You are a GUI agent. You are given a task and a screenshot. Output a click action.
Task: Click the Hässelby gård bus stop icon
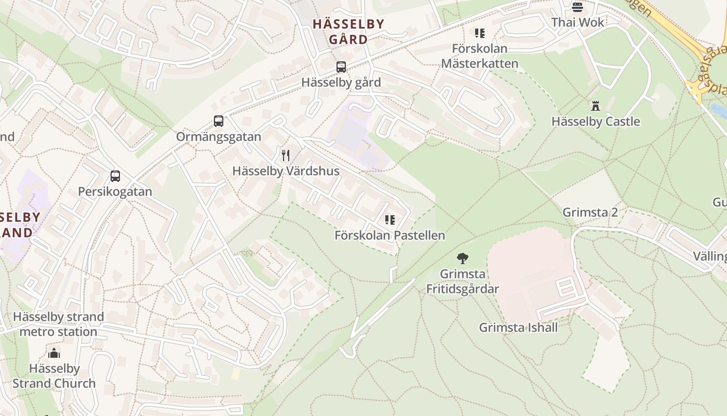point(341,67)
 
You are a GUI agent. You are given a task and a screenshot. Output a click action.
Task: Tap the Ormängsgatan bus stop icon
point(219,121)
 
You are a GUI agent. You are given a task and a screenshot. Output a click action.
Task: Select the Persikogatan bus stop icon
point(115,176)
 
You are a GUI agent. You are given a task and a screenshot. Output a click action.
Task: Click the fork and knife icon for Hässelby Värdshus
point(285,155)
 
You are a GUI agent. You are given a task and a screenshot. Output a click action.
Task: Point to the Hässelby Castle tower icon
point(596,106)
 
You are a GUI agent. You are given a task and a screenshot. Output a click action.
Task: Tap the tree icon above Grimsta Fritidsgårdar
point(462,258)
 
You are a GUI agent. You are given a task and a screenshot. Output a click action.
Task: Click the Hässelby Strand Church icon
point(54,354)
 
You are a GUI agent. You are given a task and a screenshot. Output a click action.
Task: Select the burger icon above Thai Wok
point(577,7)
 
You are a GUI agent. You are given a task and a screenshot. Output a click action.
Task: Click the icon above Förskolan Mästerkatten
point(479,33)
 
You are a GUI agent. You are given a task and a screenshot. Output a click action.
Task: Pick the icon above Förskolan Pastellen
point(390,220)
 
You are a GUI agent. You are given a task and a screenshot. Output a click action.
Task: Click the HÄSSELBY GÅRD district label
point(348,32)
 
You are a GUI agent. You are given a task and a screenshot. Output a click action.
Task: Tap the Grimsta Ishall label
point(518,328)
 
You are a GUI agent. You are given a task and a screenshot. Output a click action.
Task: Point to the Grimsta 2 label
point(590,213)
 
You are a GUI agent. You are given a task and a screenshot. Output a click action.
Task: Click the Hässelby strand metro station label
point(58,324)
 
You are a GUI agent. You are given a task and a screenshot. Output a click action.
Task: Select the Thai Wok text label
point(578,22)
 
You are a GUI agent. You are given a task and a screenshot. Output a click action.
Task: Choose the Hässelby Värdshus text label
point(286,171)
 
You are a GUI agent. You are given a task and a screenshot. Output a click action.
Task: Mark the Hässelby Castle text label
point(596,122)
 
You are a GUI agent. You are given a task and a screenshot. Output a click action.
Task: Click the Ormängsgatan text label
point(219,137)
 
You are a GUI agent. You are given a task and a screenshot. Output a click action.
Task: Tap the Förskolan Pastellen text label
point(389,236)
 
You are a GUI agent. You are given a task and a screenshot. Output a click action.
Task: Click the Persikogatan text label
point(115,192)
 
